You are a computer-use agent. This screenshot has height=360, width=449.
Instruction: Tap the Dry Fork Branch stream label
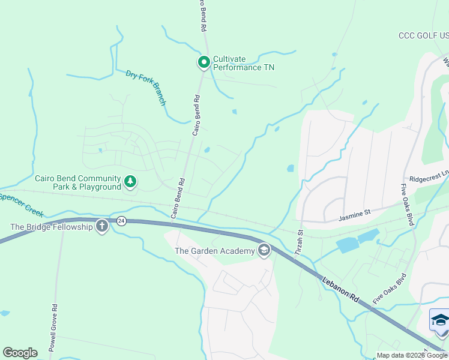click(145, 88)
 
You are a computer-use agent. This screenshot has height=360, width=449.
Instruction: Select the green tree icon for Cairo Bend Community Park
click(130, 182)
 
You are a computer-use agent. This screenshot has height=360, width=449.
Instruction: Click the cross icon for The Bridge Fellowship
click(102, 226)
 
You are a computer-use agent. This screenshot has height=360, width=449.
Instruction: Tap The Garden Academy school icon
click(264, 250)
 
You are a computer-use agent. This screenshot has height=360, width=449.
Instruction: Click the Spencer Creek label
click(20, 200)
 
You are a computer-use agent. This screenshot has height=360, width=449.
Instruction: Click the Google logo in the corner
click(20, 352)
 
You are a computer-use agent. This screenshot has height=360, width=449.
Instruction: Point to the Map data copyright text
click(411, 355)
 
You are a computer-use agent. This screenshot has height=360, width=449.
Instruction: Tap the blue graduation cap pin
click(440, 320)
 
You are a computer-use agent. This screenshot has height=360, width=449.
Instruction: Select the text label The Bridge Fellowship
click(52, 227)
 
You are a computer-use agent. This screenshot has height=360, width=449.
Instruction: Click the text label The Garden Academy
click(215, 251)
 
